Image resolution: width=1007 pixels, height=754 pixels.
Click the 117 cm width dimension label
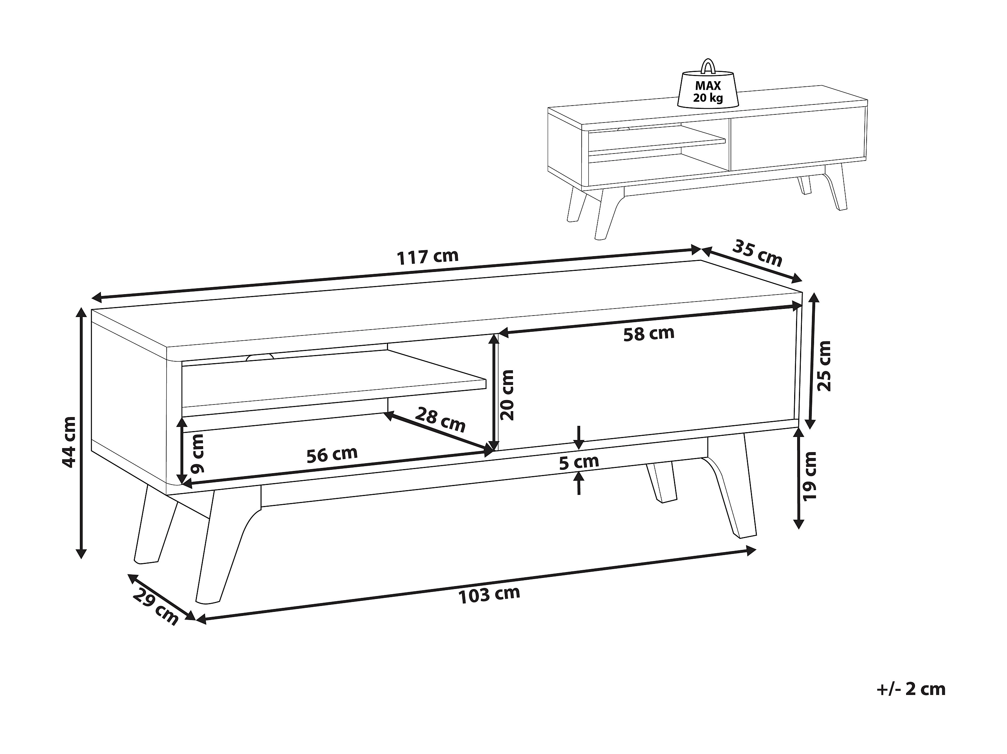click(428, 257)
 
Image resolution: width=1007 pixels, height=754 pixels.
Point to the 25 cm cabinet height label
click(824, 366)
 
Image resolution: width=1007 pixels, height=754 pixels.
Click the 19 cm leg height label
click(810, 476)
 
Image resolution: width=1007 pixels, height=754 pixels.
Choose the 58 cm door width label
click(649, 333)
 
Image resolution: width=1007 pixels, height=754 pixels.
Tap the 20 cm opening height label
click(506, 395)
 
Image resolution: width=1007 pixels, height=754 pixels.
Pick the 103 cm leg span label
click(489, 595)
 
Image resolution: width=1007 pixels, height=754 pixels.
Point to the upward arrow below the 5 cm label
click(579, 483)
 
